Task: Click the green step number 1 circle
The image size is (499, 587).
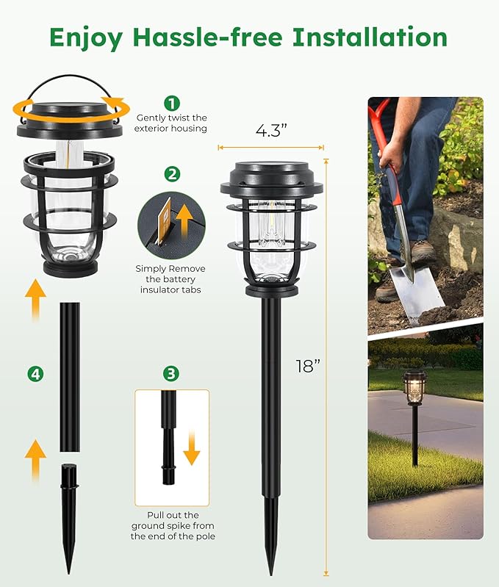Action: click(172, 104)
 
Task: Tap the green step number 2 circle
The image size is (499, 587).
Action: click(172, 174)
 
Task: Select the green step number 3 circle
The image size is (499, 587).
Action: click(171, 374)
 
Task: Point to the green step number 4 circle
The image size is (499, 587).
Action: click(35, 374)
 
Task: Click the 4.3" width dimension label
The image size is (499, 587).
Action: click(270, 132)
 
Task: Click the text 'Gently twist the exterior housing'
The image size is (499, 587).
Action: click(170, 123)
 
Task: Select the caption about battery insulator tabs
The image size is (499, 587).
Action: click(170, 279)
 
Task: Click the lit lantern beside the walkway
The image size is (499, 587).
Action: click(414, 386)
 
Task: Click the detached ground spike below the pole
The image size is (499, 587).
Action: click(68, 507)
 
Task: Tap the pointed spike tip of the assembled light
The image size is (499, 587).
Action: click(271, 558)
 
